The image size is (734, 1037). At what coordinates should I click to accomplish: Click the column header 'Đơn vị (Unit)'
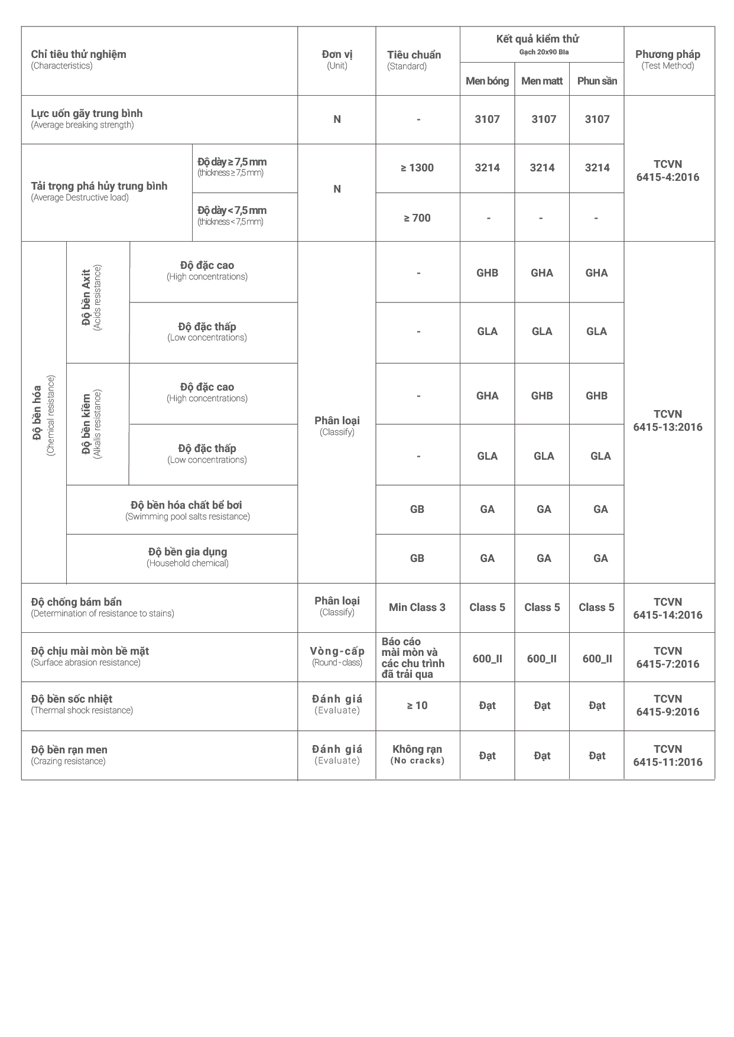tap(337, 60)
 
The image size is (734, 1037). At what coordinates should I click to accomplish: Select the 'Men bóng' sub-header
tap(487, 81)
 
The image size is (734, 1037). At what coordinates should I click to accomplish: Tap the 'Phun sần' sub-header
tap(597, 81)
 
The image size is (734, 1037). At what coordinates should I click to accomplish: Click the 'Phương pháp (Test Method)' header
tap(668, 60)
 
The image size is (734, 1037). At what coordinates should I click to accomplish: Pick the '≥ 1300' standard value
tap(417, 168)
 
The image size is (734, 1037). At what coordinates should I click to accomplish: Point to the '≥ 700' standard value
tap(417, 218)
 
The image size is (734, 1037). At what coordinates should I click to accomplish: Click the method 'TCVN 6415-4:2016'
tap(668, 171)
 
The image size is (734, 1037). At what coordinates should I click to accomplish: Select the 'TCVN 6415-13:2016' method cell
tap(668, 421)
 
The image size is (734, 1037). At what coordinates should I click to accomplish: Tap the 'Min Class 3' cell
tap(417, 607)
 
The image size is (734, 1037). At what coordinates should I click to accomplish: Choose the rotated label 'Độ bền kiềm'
tap(91, 424)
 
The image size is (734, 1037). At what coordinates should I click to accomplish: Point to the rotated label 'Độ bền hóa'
tap(43, 414)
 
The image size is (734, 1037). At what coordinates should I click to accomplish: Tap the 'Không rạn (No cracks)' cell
tap(417, 755)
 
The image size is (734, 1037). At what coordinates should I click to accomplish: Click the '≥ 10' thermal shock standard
tap(417, 706)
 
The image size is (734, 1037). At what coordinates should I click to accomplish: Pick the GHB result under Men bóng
tap(487, 273)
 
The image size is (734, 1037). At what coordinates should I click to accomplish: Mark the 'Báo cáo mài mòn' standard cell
tap(413, 658)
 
